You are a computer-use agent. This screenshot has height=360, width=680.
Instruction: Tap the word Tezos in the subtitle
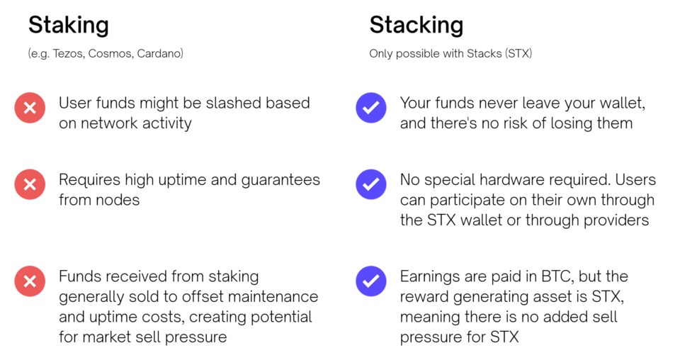69,53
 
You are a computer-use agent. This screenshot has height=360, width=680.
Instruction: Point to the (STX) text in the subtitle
518,53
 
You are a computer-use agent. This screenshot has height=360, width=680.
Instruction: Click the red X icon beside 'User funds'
30,108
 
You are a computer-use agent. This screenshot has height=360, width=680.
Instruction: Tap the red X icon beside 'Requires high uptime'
30,184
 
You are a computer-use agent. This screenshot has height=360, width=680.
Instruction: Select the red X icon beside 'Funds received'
30,281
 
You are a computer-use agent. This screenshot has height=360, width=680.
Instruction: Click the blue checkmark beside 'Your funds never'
371,108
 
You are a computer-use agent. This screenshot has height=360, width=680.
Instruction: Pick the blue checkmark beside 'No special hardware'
371,184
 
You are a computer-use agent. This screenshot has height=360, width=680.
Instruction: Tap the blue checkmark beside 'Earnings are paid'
371,281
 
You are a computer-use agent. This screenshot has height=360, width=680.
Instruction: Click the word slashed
232,103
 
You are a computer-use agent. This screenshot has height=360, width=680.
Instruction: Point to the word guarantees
280,180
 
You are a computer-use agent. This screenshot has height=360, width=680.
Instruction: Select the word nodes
119,200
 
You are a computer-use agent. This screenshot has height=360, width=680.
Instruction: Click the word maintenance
273,297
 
